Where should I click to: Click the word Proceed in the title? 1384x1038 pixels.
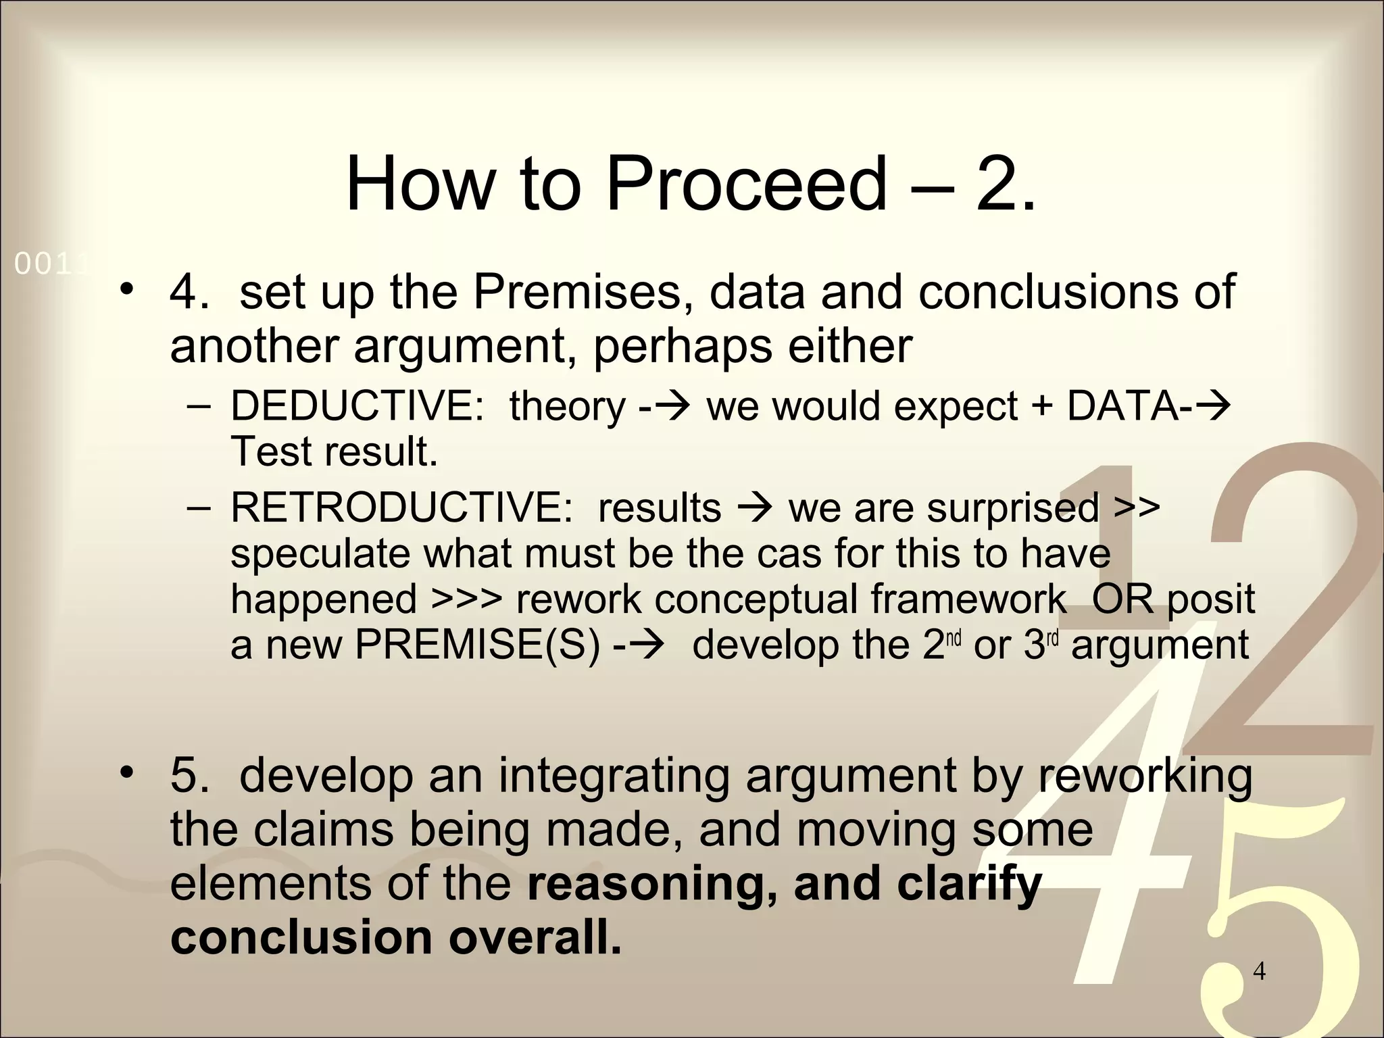pos(745,184)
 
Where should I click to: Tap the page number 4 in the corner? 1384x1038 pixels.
pos(1259,971)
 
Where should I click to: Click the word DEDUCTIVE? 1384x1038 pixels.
pos(357,406)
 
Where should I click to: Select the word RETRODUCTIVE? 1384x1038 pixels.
pos(401,508)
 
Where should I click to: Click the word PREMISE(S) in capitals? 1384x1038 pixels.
pos(477,644)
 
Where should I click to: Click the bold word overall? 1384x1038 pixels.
pos(534,937)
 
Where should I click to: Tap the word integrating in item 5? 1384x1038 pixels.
pos(614,775)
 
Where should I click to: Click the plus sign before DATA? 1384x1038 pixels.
pos(1043,407)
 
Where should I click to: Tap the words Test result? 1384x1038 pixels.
pos(334,451)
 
